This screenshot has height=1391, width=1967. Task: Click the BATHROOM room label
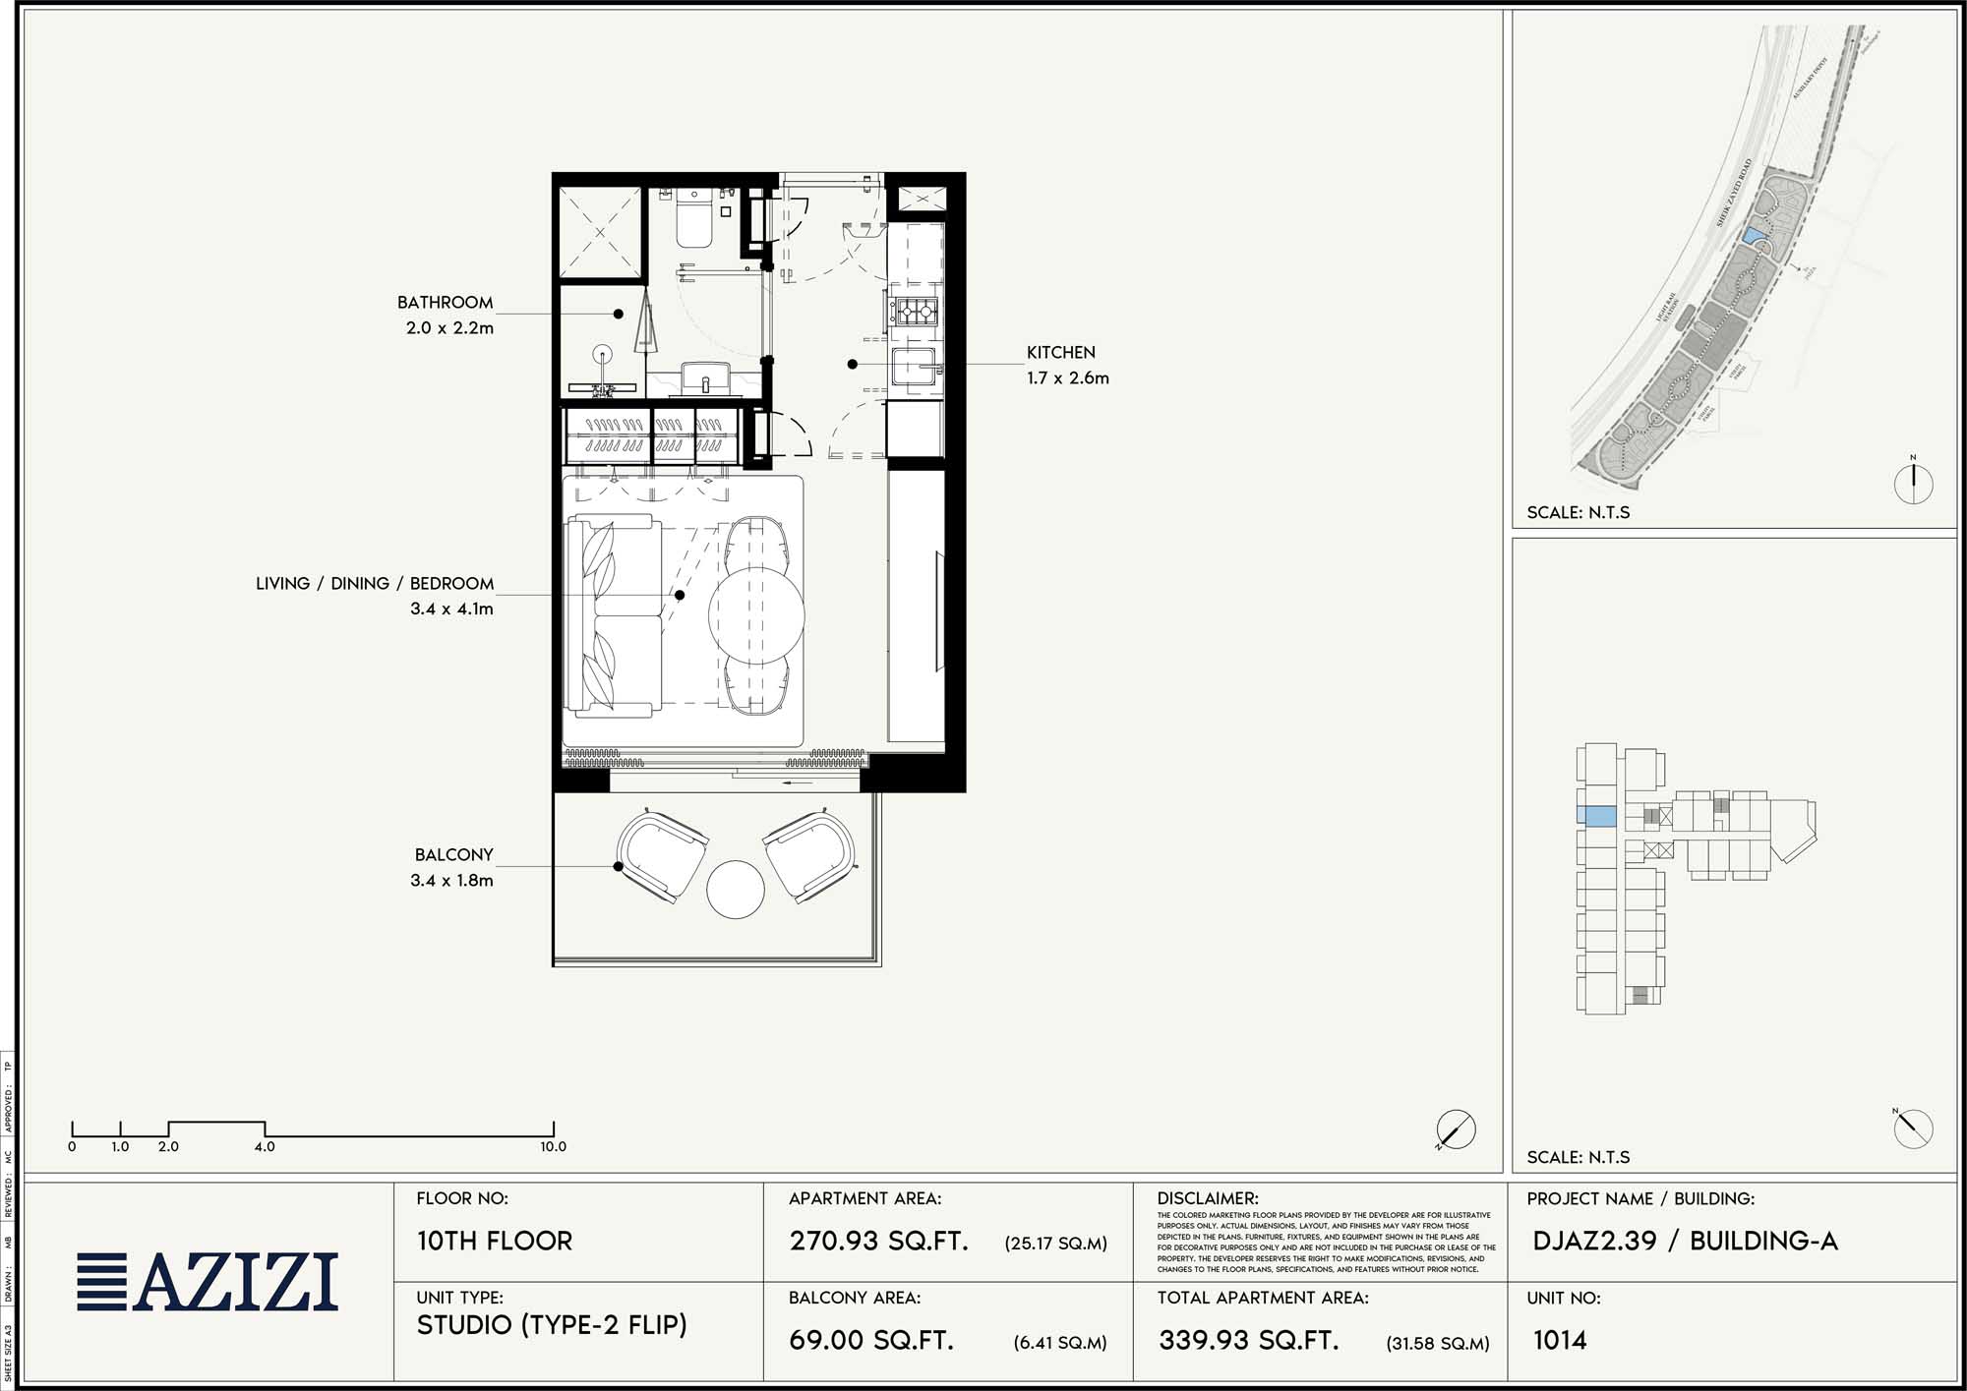[445, 303]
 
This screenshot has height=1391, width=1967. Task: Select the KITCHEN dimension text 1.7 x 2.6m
[1067, 378]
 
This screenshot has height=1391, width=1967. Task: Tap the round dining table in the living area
[756, 614]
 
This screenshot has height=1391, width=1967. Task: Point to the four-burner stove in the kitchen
[916, 313]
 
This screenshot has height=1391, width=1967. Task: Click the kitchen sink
[916, 368]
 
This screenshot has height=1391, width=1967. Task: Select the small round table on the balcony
[735, 890]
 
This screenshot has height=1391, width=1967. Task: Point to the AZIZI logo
[208, 1282]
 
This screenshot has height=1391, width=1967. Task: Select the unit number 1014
[1559, 1340]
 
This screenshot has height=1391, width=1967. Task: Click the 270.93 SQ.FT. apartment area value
[878, 1241]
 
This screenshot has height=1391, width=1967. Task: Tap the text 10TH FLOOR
[494, 1241]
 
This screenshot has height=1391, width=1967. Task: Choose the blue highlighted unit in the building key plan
[1596, 815]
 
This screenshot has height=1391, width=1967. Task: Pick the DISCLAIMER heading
[1207, 1198]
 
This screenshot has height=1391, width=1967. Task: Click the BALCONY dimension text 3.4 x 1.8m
[451, 881]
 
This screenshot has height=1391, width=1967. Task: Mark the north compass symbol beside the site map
[1913, 483]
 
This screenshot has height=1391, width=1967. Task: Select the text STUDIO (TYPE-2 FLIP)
[552, 1325]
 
